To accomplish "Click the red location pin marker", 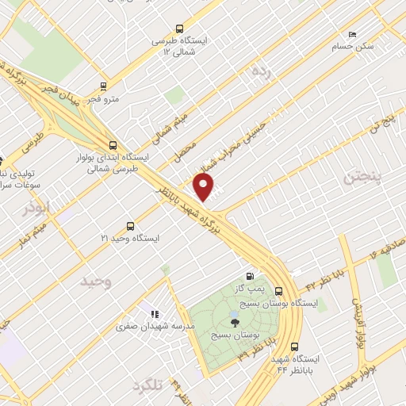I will click(x=205, y=187).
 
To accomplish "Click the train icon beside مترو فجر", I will click(x=102, y=86).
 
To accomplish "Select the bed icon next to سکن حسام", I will click(x=353, y=34).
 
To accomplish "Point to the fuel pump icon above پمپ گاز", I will click(x=251, y=277).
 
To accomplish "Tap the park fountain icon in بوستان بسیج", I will click(x=234, y=320).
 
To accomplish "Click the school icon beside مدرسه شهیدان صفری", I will click(x=145, y=313).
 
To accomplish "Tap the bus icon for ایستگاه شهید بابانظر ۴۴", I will click(x=295, y=347).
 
